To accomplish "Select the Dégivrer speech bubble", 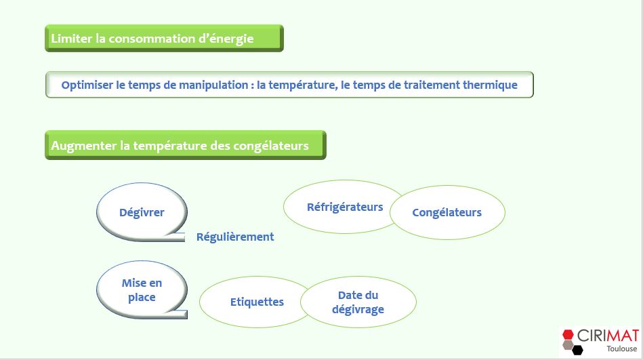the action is click(142, 212).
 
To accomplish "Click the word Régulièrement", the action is click(235, 237).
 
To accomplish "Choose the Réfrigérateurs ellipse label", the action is click(345, 207).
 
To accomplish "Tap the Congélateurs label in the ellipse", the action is click(447, 213).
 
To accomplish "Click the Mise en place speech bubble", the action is click(142, 289).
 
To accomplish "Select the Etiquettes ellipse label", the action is click(257, 302).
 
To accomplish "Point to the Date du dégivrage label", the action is click(358, 302).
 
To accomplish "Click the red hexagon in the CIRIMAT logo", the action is click(568, 334).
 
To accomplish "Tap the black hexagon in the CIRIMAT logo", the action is click(578, 350).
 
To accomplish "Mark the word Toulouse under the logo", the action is click(622, 349).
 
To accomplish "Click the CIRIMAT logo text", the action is click(608, 336).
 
